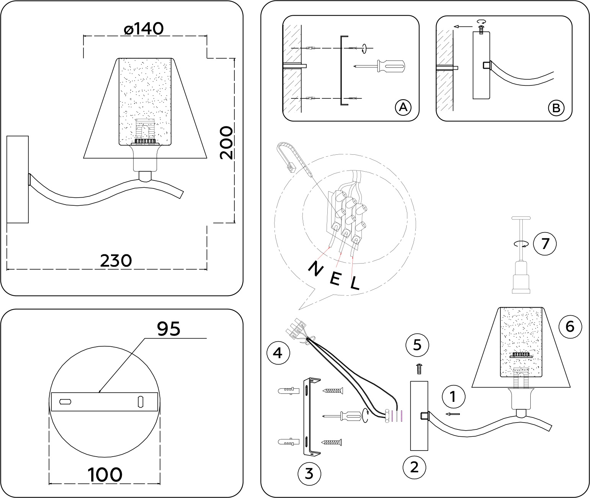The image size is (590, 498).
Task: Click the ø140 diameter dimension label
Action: coord(144,28)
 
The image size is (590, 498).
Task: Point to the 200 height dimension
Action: coord(226,143)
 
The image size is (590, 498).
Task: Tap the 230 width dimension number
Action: coord(116,261)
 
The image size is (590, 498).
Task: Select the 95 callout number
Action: coord(169,328)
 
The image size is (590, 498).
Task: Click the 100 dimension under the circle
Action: coord(105,475)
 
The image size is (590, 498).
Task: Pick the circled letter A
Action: coord(403,108)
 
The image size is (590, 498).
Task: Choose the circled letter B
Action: coord(556,108)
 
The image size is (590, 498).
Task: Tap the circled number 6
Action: coord(570,327)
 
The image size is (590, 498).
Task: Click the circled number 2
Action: coord(414,467)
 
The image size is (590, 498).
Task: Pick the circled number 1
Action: coord(453,397)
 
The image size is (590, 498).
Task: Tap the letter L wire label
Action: coord(355,283)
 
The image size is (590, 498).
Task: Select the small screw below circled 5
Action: coord(418,369)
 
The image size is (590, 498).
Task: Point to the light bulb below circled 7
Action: coord(521,276)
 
